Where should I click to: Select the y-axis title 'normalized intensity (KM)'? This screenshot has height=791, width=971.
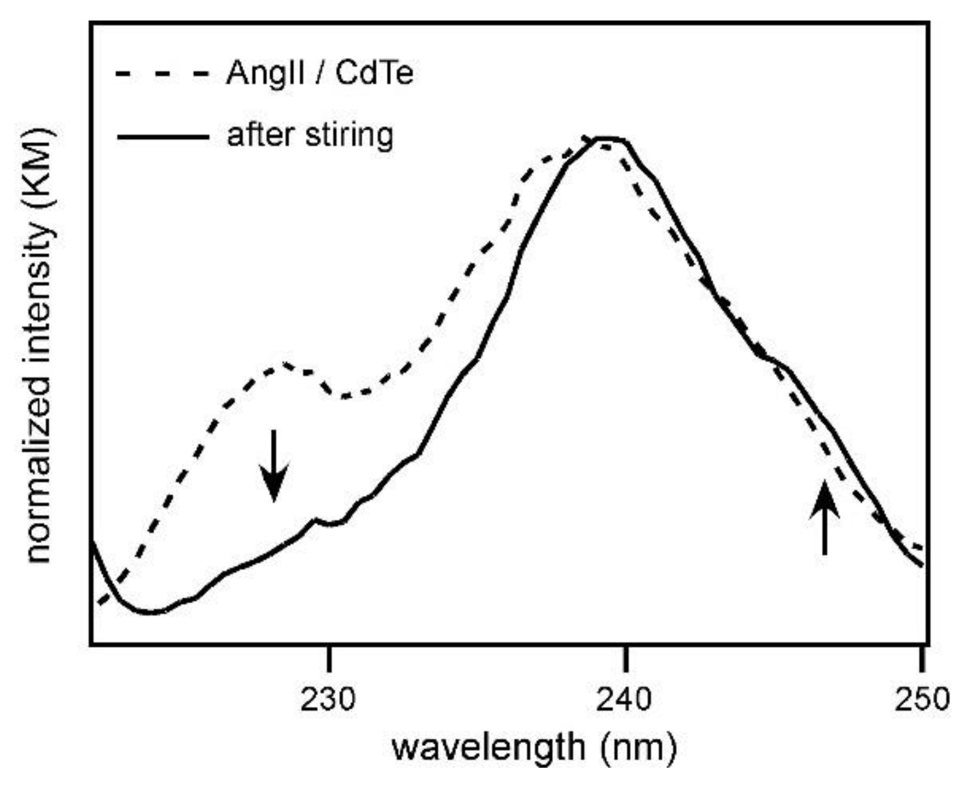39,346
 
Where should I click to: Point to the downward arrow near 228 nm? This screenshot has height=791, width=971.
274,466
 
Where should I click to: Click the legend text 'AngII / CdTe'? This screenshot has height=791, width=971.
320,73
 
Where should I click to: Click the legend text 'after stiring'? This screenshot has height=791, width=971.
310,135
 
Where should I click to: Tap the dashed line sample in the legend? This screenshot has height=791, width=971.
163,74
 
